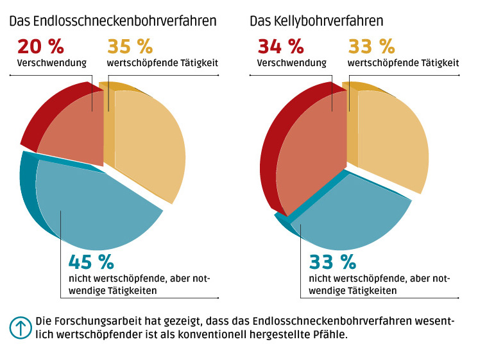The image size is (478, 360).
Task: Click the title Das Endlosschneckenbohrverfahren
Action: coord(112,21)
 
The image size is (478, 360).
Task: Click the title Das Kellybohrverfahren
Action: coord(316,21)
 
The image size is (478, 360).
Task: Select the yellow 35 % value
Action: coord(130,47)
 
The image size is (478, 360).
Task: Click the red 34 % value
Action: coord(280,47)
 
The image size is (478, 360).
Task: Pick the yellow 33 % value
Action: coord(371,47)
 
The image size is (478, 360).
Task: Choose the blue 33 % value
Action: coord(332,262)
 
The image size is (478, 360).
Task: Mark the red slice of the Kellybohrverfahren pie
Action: coord(302,148)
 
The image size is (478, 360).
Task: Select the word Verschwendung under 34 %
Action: coord(292,63)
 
